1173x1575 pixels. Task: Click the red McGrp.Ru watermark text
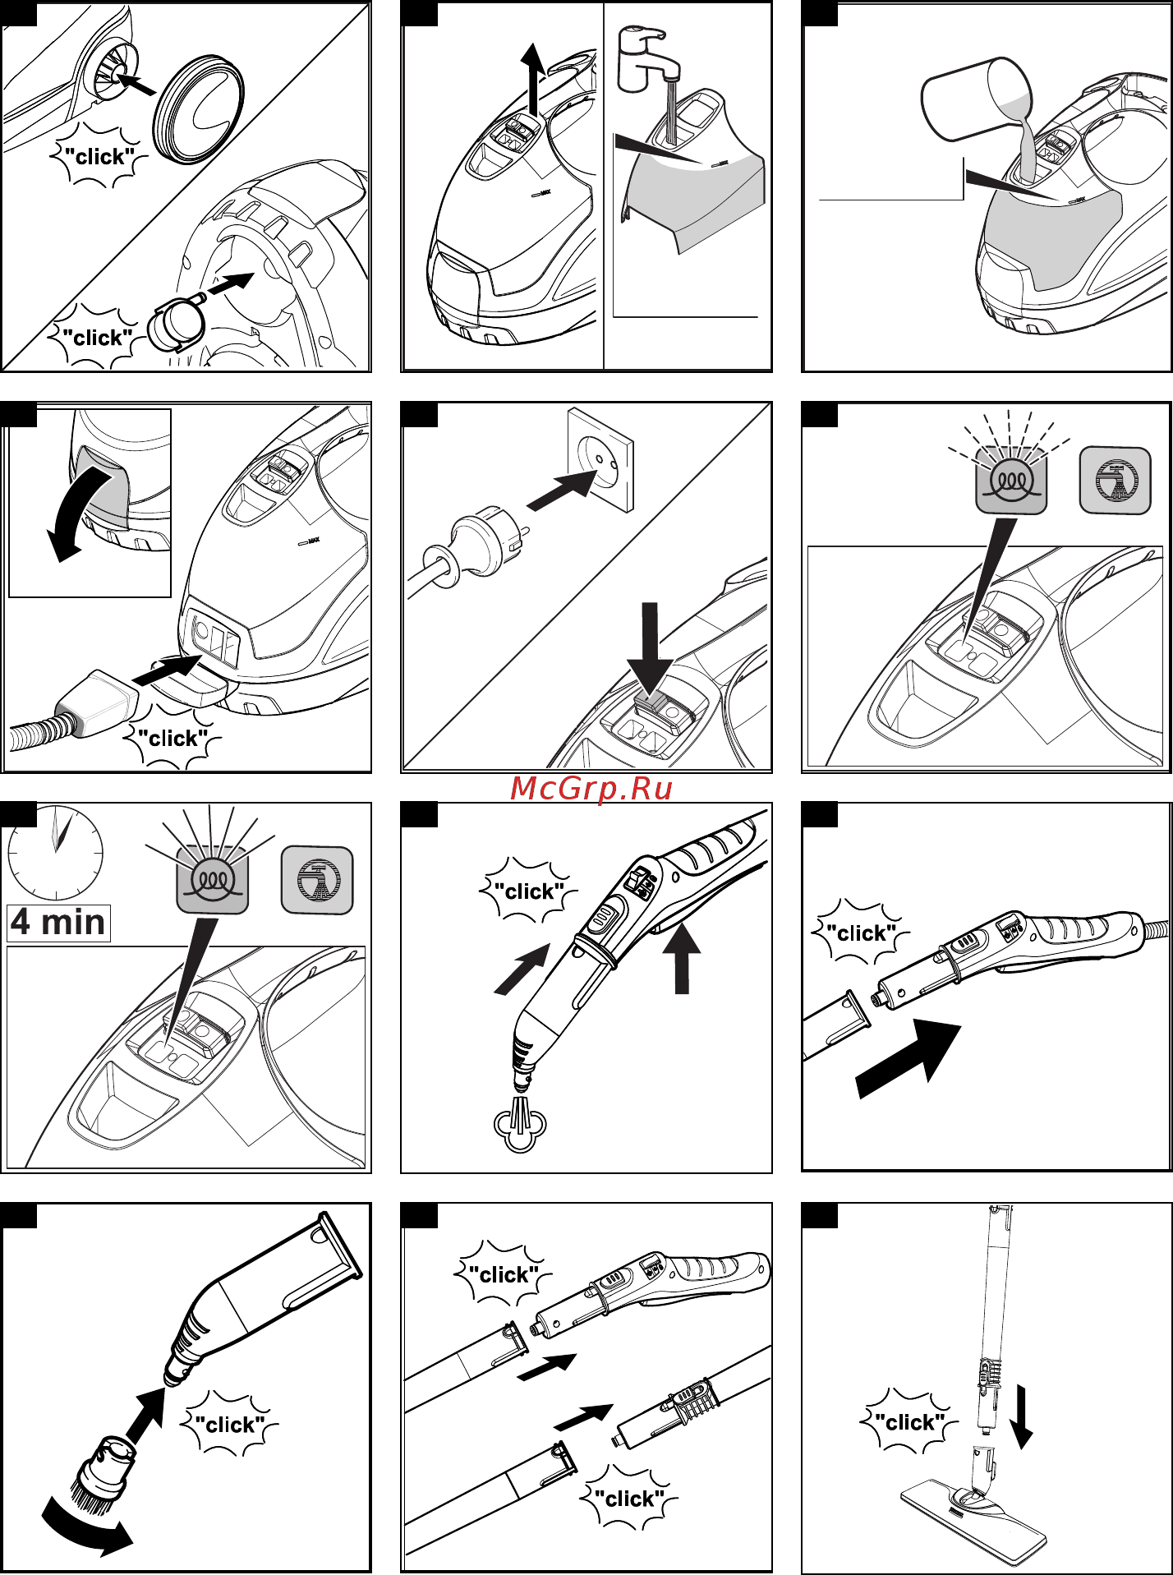pos(591,789)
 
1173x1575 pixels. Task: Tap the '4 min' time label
pos(58,923)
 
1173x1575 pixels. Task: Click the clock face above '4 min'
pos(56,853)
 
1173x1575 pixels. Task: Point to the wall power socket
pos(600,460)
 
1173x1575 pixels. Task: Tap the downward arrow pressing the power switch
pos(650,649)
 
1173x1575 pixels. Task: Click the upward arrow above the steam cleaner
pos(534,78)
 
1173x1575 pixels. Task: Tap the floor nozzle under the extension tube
pos(973,1512)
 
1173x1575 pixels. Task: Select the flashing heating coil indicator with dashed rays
pos(1011,481)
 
